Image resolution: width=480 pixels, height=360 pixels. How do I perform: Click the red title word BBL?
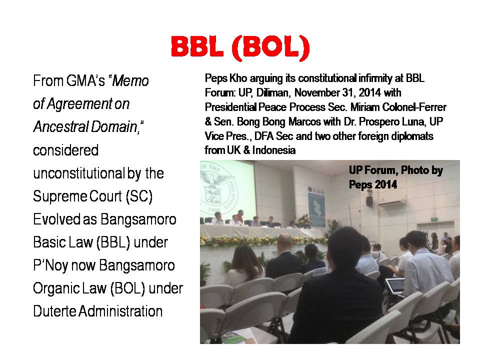point(196,47)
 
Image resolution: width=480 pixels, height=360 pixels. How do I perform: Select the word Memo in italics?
point(130,81)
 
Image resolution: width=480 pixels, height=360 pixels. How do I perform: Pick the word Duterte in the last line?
point(54,311)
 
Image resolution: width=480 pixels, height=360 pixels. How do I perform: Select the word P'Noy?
point(50,265)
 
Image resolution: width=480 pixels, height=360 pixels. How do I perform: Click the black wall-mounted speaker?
point(369,201)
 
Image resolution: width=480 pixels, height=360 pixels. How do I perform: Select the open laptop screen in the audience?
point(395,286)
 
